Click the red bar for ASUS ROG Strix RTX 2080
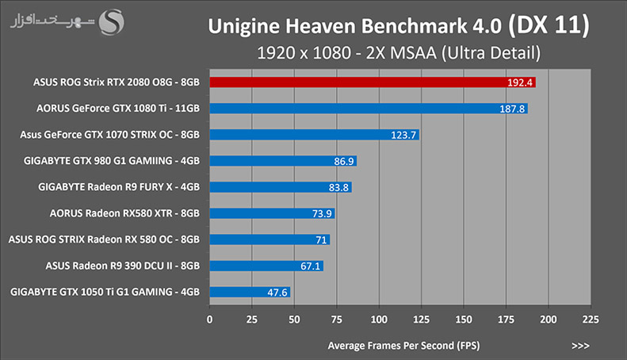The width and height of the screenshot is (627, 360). (x=373, y=82)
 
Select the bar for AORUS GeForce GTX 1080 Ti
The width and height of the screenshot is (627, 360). (x=369, y=109)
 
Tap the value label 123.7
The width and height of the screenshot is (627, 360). (x=403, y=136)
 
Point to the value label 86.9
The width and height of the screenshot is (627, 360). (x=344, y=161)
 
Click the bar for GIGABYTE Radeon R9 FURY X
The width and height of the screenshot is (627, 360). (x=281, y=187)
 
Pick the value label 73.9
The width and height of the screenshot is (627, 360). (x=322, y=213)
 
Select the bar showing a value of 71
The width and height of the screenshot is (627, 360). (x=270, y=239)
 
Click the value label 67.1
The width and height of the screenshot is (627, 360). (x=310, y=266)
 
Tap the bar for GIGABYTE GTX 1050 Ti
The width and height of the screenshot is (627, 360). (x=250, y=292)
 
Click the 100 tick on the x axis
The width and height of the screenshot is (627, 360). (x=379, y=320)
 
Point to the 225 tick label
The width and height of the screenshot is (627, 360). (x=591, y=320)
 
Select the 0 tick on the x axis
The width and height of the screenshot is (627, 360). (x=209, y=320)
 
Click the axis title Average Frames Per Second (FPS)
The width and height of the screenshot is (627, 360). (x=403, y=346)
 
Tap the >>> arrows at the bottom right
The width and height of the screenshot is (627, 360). (x=580, y=346)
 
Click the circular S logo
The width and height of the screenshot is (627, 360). (x=111, y=22)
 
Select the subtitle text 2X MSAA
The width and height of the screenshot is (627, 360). (x=401, y=53)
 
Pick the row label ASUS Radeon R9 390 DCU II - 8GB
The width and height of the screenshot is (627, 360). (x=122, y=266)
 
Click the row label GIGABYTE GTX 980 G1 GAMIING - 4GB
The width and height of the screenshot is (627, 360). (x=112, y=161)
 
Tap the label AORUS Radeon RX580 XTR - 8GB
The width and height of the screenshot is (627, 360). (x=124, y=213)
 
